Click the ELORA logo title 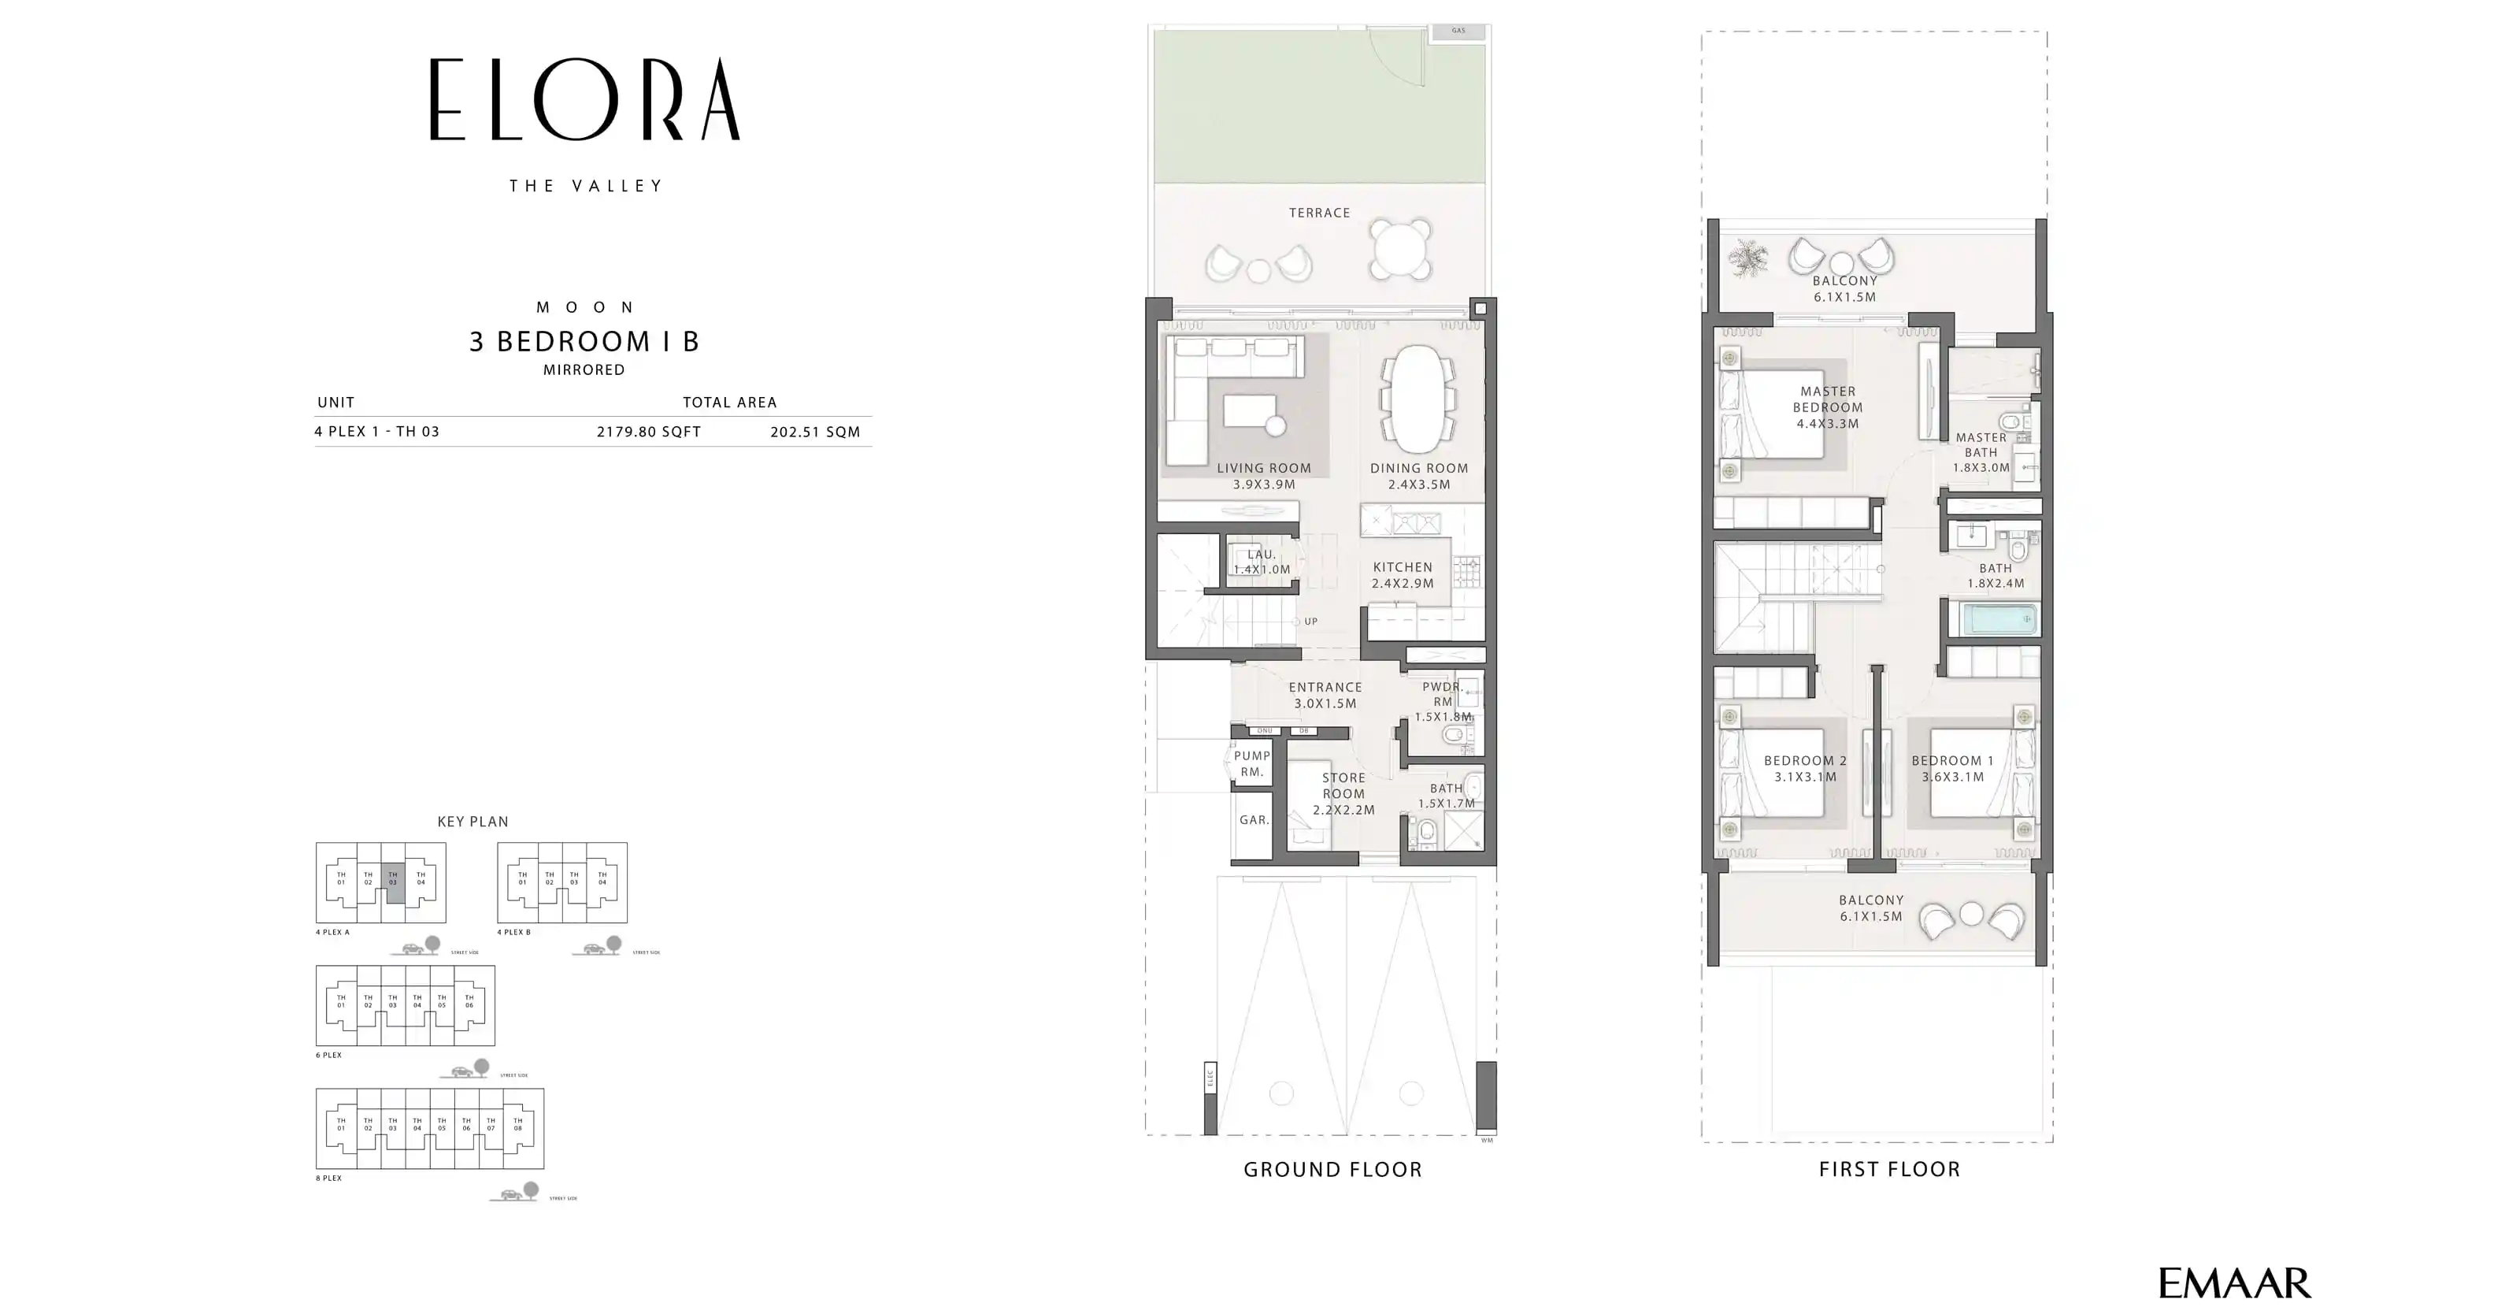point(585,100)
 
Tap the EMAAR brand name point(2233,1282)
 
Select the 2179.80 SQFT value point(649,432)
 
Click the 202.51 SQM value point(815,432)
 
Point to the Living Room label point(1264,476)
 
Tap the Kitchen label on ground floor point(1402,574)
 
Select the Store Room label point(1343,793)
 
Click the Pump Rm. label point(1251,763)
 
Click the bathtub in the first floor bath point(1996,619)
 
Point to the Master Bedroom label point(1827,407)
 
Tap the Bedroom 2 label point(1805,768)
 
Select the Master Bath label point(1981,452)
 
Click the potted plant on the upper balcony point(1747,259)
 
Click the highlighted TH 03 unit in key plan point(393,878)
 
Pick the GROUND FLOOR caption point(1332,1169)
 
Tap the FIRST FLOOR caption point(1889,1169)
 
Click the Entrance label point(1325,695)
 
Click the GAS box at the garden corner point(1458,31)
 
